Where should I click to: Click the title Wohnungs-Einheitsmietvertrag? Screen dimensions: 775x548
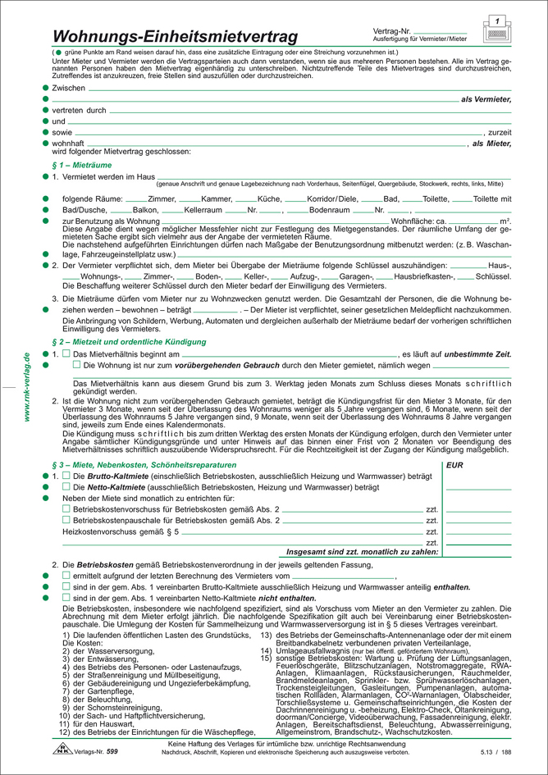pos(174,36)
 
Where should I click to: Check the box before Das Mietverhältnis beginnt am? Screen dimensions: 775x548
pos(66,353)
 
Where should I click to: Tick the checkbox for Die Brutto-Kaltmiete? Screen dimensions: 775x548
pos(66,476)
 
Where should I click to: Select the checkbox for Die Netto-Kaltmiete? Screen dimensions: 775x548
pos(66,487)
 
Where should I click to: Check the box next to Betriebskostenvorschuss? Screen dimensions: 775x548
pos(66,509)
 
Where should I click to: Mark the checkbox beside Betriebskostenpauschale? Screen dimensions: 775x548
pos(66,520)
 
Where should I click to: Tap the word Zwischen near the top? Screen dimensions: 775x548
pos(68,87)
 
